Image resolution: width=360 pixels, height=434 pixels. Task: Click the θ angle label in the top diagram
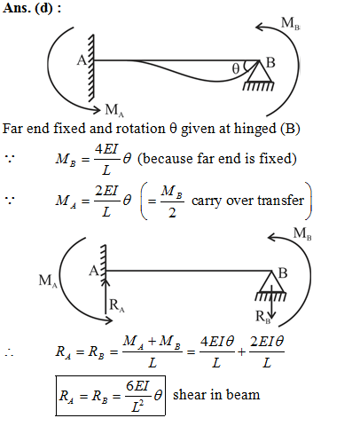236,68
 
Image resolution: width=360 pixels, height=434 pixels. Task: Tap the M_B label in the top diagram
290,23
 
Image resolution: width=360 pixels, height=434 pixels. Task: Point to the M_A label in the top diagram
114,110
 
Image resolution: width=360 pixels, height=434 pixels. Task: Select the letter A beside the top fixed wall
82,60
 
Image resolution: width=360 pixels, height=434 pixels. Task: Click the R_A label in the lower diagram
117,305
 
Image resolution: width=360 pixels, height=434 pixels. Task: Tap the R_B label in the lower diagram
262,317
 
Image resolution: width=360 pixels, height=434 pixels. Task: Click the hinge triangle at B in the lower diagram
271,281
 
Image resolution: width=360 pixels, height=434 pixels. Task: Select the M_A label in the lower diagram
48,280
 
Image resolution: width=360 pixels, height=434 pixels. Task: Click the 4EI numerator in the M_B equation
106,149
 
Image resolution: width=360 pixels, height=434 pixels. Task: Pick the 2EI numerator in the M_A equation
106,191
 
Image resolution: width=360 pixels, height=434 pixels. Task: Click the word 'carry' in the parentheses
207,201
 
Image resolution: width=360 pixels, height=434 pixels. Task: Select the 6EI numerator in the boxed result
137,386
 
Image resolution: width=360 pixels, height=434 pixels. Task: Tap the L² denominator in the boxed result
137,406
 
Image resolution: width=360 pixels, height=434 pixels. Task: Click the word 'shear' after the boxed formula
189,395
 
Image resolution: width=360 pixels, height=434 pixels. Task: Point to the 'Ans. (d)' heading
32,8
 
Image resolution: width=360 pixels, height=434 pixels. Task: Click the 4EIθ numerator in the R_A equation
217,342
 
